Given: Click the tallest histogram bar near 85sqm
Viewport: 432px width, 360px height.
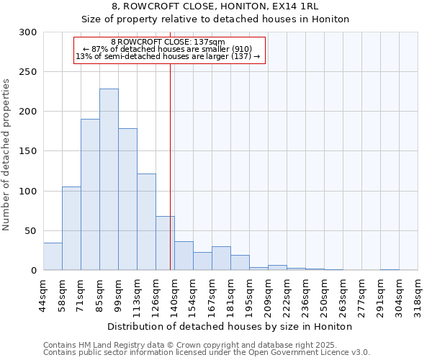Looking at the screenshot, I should pyautogui.click(x=109, y=180).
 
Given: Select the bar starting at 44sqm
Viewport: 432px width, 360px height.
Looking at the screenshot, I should pyautogui.click(x=53, y=256).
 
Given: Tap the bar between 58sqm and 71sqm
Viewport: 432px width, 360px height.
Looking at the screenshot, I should pyautogui.click(x=71, y=228).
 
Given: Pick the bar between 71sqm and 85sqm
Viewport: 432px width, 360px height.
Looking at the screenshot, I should pyautogui.click(x=90, y=194).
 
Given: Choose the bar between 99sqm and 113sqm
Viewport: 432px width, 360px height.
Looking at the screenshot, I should pyautogui.click(x=127, y=199).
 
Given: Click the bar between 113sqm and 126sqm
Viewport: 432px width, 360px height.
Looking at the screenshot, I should pyautogui.click(x=146, y=222).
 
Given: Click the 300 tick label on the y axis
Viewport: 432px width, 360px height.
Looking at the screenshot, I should pyautogui.click(x=28, y=32).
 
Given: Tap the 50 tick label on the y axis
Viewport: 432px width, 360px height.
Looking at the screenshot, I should pyautogui.click(x=31, y=231).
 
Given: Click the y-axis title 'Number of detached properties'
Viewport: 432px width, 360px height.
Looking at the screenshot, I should pyautogui.click(x=6, y=155).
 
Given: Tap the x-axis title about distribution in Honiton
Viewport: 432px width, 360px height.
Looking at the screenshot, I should pyautogui.click(x=230, y=326).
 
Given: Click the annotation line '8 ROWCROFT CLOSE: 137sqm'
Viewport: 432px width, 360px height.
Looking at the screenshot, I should pyautogui.click(x=168, y=42).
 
